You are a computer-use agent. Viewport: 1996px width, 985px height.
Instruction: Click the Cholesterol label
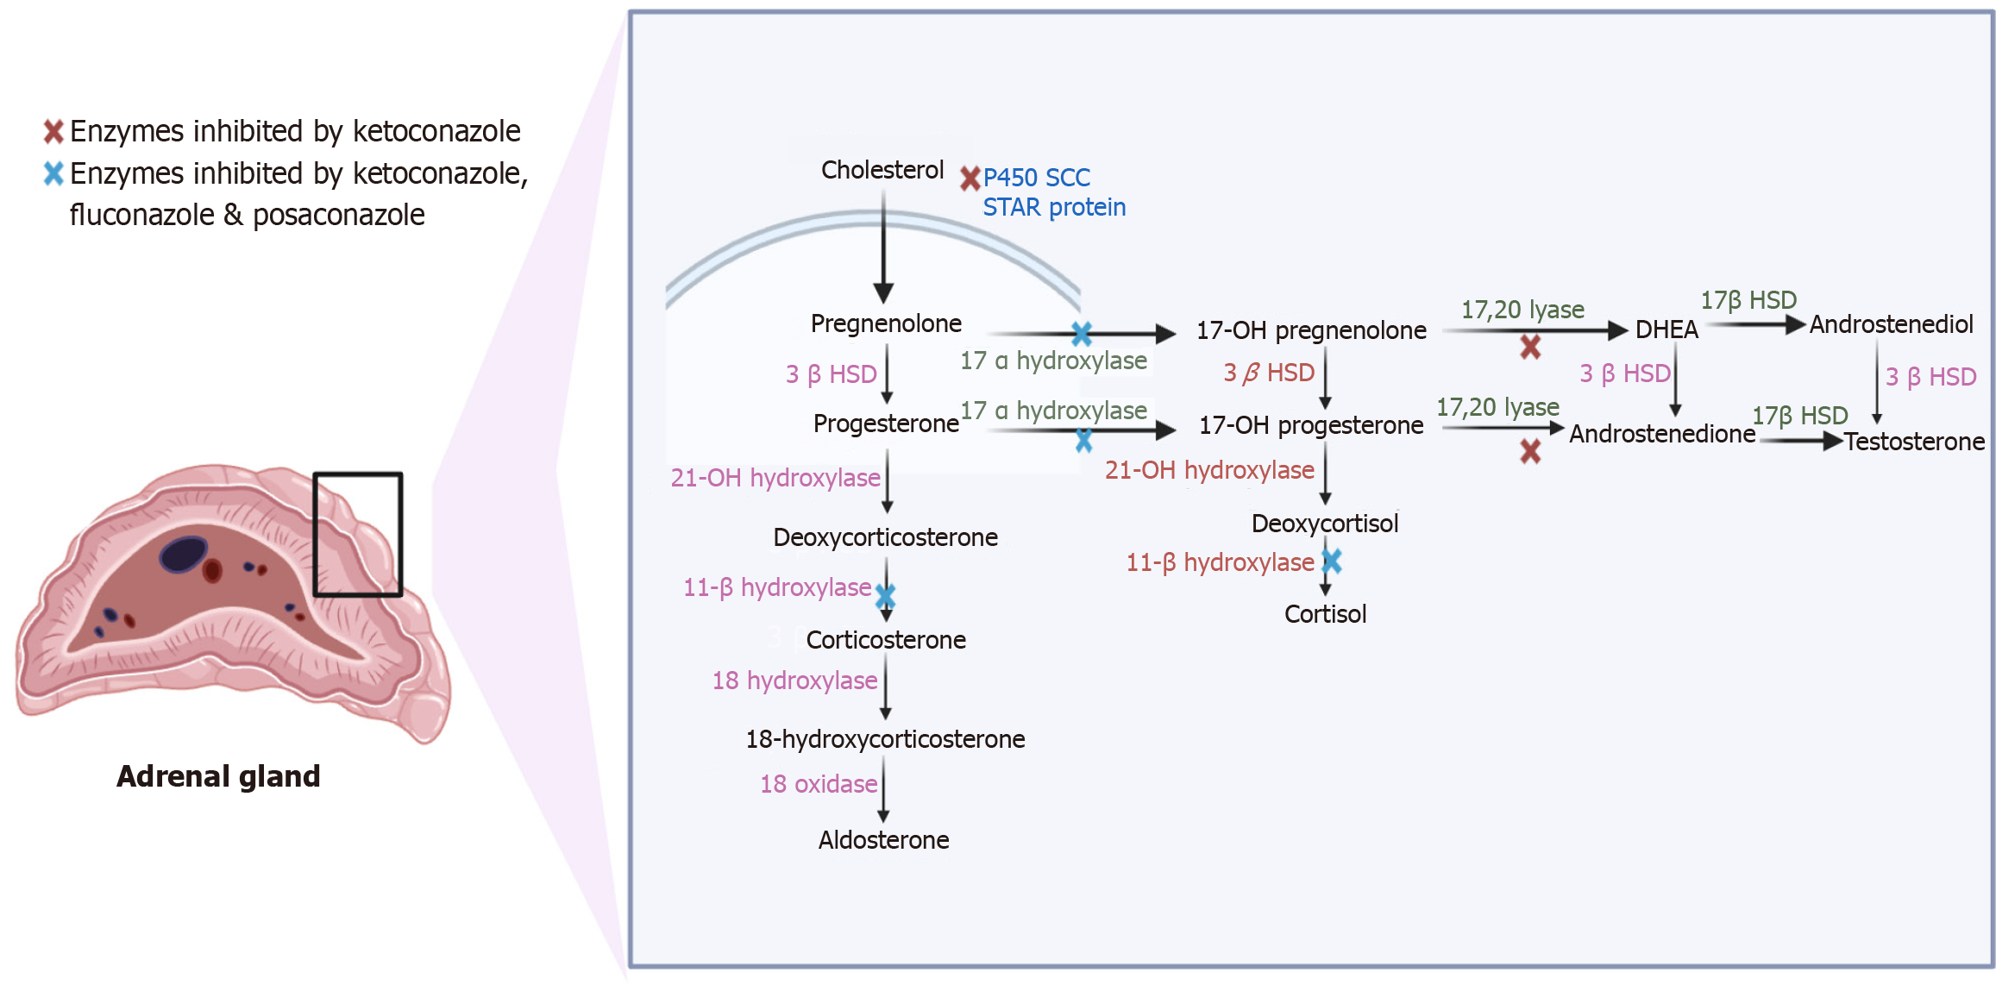[x=882, y=170]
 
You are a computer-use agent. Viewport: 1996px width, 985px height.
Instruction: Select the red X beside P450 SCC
[x=970, y=179]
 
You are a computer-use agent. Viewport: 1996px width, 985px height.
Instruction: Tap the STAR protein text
[x=1054, y=208]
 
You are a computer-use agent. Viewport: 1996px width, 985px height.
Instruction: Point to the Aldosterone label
[x=883, y=840]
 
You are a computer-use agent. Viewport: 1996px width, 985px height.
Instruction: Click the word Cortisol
[x=1325, y=614]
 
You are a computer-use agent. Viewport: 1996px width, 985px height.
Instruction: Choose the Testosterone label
[x=1914, y=442]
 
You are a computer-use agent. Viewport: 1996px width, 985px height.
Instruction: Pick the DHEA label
[x=1666, y=329]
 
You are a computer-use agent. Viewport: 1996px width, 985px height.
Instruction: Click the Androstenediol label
[x=1891, y=324]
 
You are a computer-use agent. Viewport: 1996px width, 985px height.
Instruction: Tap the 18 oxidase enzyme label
[x=819, y=784]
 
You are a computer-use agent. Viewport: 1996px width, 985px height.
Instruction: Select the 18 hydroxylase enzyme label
[x=794, y=681]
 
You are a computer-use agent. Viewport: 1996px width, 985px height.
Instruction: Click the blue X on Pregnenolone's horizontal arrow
[x=1082, y=333]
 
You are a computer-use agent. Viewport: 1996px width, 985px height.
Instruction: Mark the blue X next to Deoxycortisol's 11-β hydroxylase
[x=1332, y=562]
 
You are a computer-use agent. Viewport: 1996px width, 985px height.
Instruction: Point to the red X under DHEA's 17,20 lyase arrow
[x=1530, y=348]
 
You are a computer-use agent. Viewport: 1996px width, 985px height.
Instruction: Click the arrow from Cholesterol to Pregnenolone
[x=883, y=246]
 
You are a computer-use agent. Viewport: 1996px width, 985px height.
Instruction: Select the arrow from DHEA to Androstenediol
[x=1754, y=325]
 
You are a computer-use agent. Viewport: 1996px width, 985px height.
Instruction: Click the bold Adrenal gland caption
[x=218, y=776]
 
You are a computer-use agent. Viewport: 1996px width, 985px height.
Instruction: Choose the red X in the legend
[x=53, y=131]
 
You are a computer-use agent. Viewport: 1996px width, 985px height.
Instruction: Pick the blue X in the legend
[x=53, y=173]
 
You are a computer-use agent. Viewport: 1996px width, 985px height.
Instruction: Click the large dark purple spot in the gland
[x=183, y=554]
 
